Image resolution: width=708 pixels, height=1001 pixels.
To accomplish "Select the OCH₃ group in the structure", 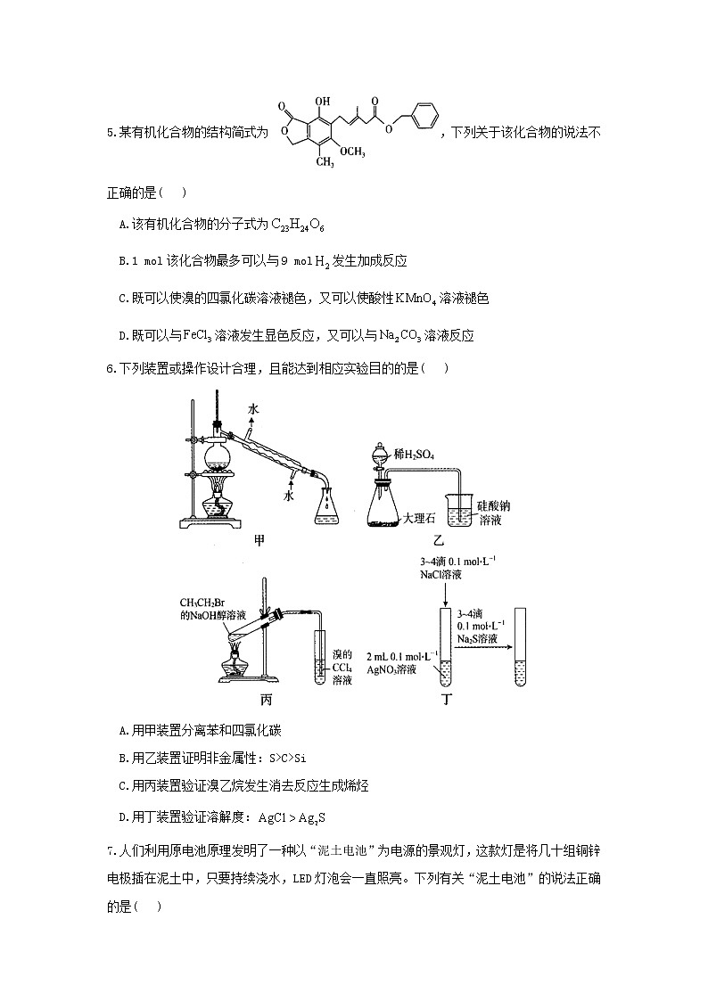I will point(352,152).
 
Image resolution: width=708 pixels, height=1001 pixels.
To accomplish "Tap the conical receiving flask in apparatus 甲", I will point(327,506).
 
